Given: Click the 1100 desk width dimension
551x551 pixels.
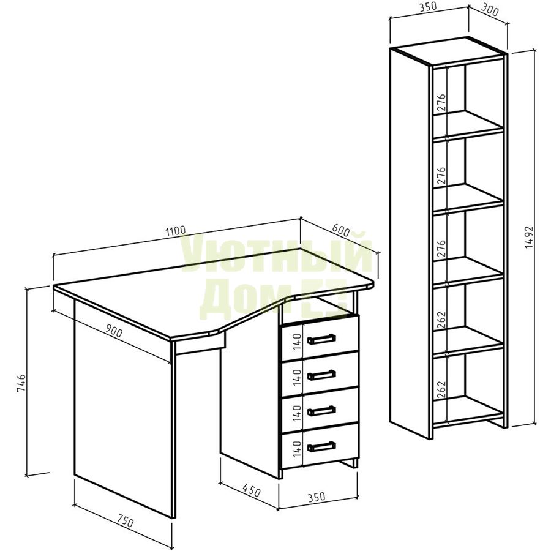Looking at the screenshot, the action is point(175,231).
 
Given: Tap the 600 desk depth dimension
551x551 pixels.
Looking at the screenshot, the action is point(340,231).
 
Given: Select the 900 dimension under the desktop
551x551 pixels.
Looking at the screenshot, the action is point(114,331).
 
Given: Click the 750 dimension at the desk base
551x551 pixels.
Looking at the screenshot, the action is point(125,522).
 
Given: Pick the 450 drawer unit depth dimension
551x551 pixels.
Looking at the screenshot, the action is point(251,492).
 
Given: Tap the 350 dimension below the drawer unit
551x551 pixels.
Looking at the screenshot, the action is point(317,497).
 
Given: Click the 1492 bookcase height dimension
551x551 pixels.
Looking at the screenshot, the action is point(530,238).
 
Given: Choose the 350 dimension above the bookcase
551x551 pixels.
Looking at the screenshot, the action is point(427,6).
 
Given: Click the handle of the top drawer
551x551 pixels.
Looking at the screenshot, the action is point(321,339).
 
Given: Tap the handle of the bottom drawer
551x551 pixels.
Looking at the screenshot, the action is point(321,446).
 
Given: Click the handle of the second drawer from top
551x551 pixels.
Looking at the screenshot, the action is point(321,375).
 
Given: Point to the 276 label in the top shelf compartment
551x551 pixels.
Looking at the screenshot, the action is point(441,102).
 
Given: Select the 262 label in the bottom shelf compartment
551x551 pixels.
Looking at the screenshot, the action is point(441,390).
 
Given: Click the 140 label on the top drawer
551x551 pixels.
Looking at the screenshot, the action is point(298,342).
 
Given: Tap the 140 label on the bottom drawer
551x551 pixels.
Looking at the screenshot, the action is point(298,449).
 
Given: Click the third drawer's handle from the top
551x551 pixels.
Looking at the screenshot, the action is point(321,410).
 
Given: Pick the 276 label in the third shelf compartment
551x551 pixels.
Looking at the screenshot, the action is point(441,248).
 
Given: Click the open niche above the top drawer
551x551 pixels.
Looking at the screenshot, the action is point(318,308).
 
